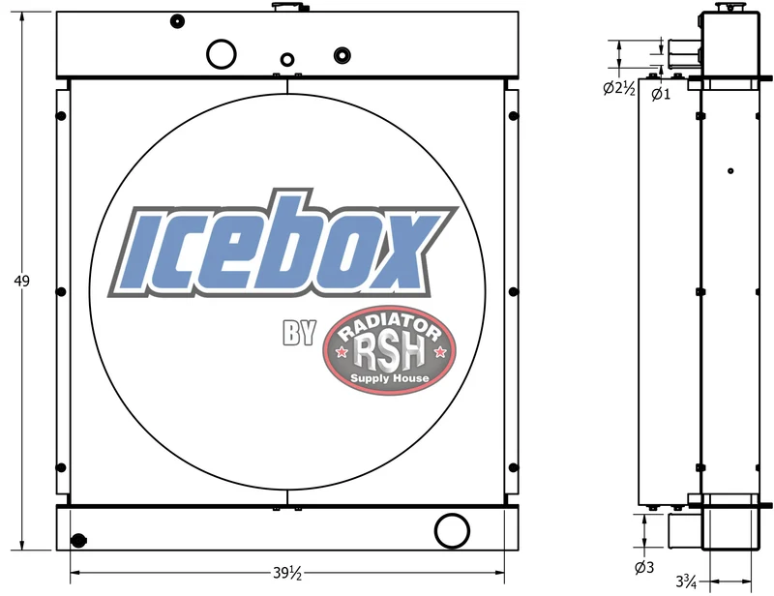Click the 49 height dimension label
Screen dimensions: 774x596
21,281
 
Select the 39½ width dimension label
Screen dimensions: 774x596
287,573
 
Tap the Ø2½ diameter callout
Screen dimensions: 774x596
619,88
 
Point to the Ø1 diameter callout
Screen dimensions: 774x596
661,93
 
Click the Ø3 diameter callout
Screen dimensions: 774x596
644,568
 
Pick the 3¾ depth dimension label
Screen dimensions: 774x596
686,581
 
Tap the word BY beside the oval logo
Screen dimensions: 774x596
299,333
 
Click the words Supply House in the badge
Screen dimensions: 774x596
390,378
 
